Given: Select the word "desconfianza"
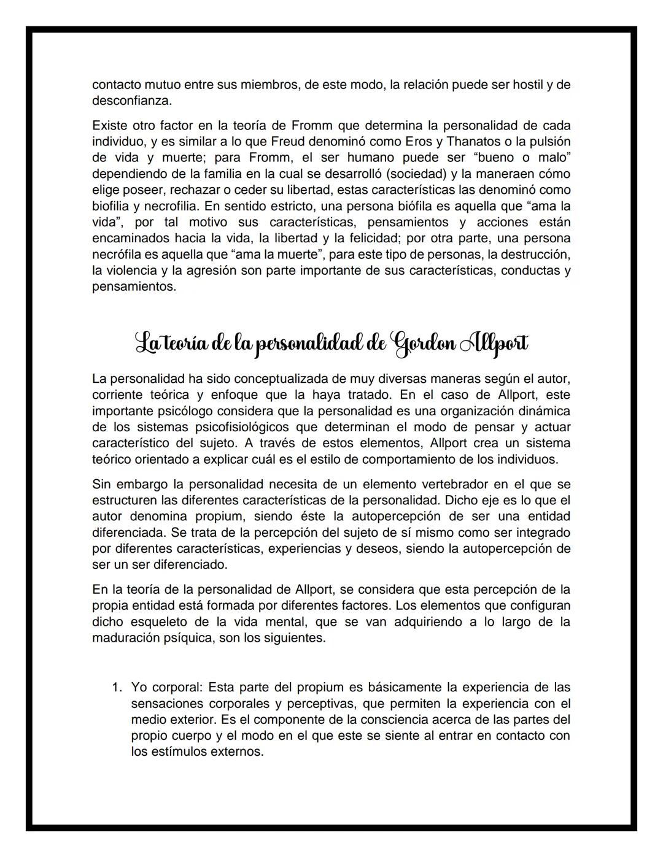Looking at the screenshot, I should (131, 100).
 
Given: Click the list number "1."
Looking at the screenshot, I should (117, 687).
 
